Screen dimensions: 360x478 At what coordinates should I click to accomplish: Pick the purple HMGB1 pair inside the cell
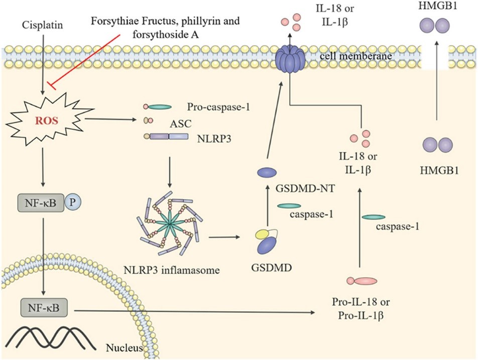click(x=435, y=146)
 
